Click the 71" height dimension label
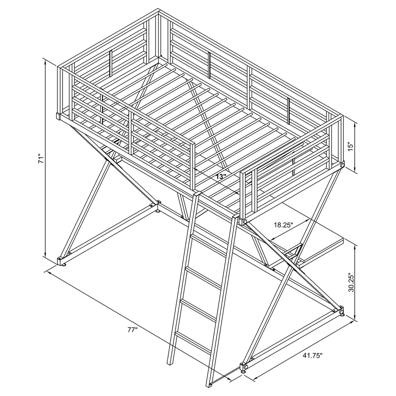pos(41,159)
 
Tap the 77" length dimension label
pos(132,330)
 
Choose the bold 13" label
pos(221,176)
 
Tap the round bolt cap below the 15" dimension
pos(342,166)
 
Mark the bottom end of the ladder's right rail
pos(209,385)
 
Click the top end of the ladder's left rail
pos(196,194)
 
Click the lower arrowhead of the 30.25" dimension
pos(355,318)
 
